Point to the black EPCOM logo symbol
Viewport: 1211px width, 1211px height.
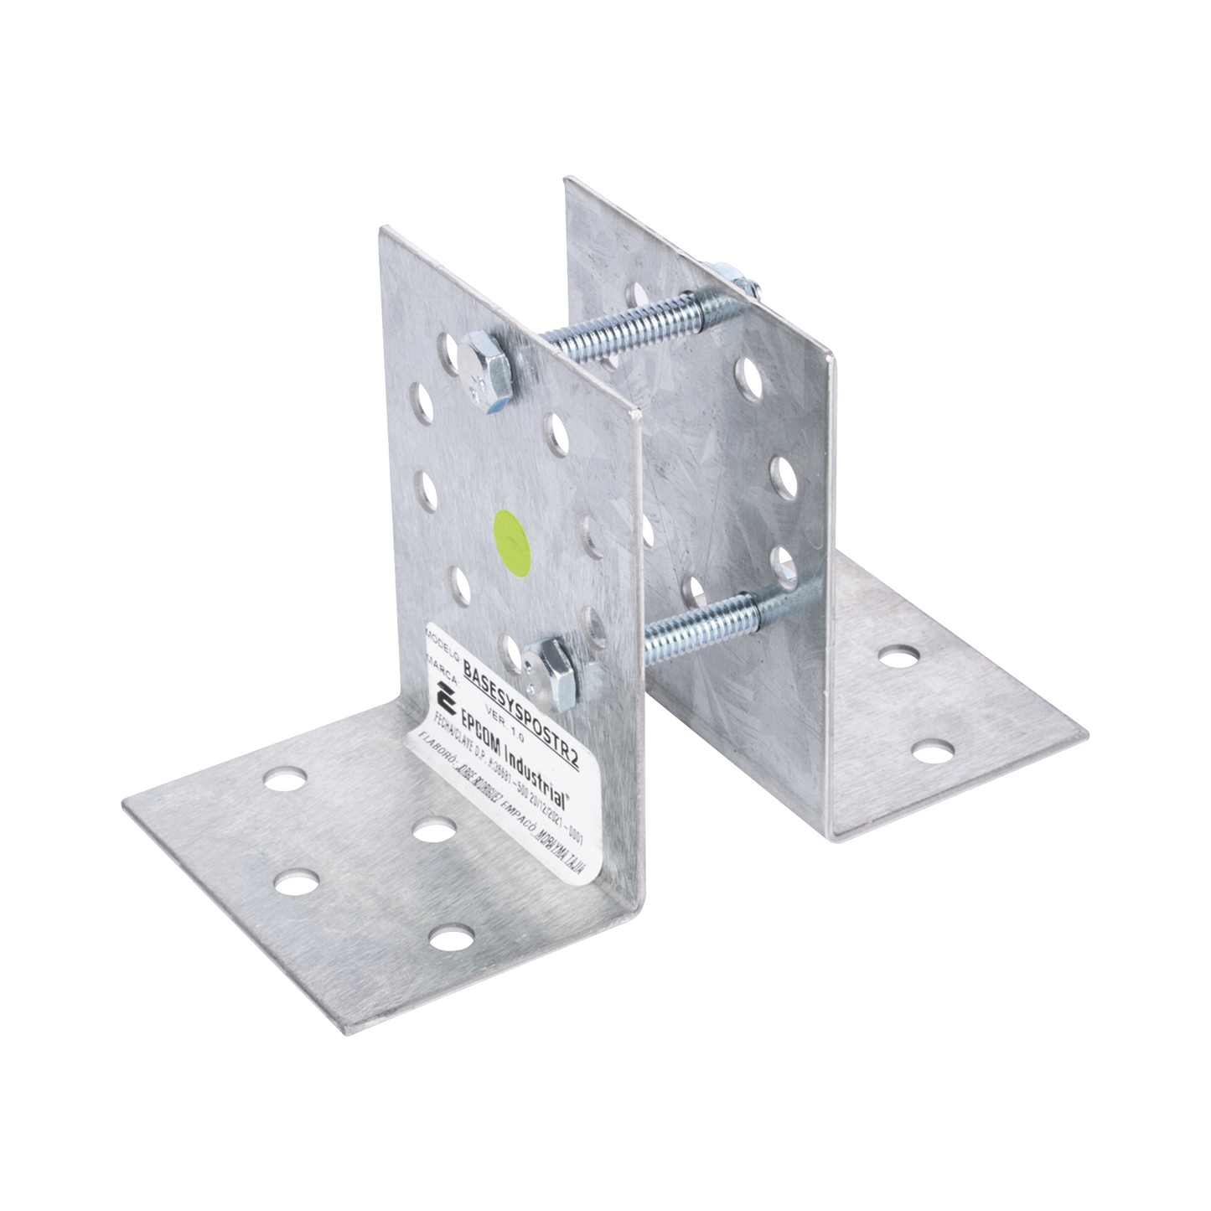click(445, 696)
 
